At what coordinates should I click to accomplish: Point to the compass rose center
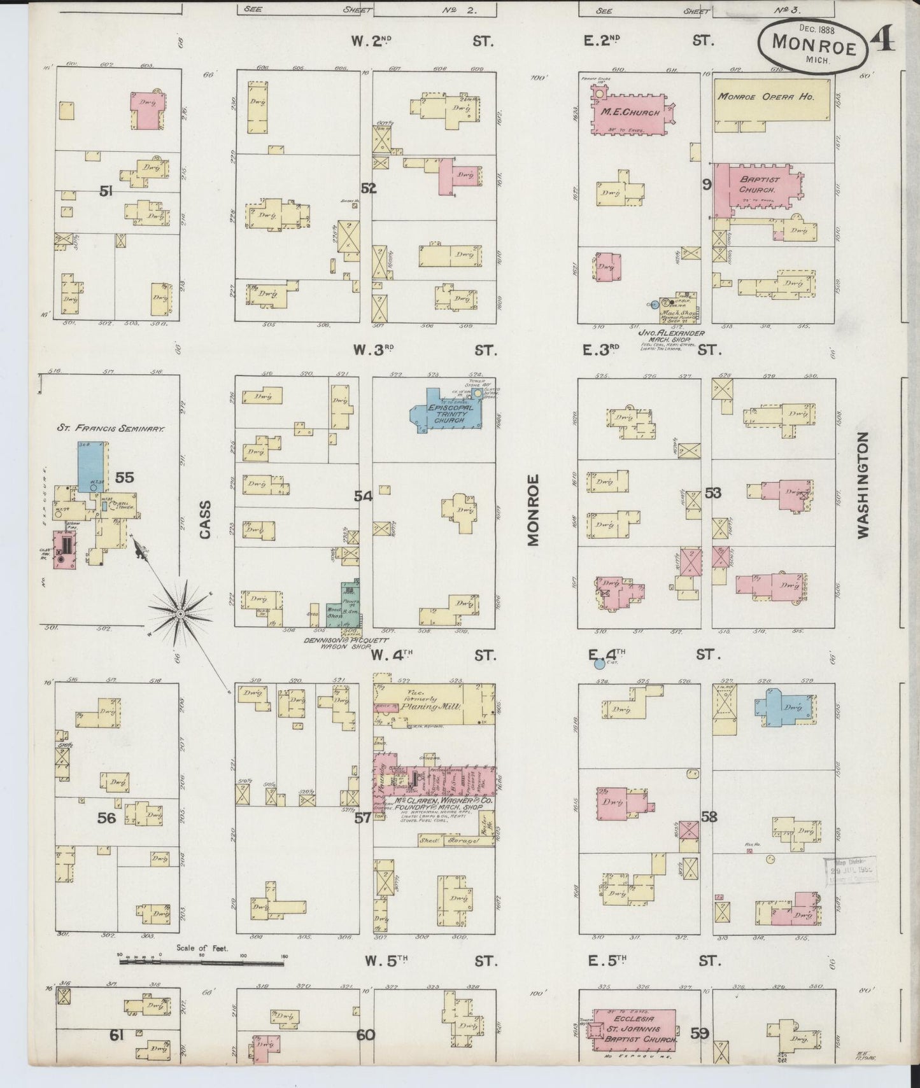181,613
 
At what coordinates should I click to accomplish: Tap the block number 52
369,188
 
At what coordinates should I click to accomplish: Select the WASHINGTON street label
863,485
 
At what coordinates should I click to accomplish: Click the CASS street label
205,519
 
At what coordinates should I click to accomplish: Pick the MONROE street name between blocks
532,510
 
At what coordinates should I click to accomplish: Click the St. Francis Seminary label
110,429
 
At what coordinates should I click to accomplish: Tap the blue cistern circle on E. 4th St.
598,665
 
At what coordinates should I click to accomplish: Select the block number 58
709,816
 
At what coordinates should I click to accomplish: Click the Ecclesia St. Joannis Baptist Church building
633,1029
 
